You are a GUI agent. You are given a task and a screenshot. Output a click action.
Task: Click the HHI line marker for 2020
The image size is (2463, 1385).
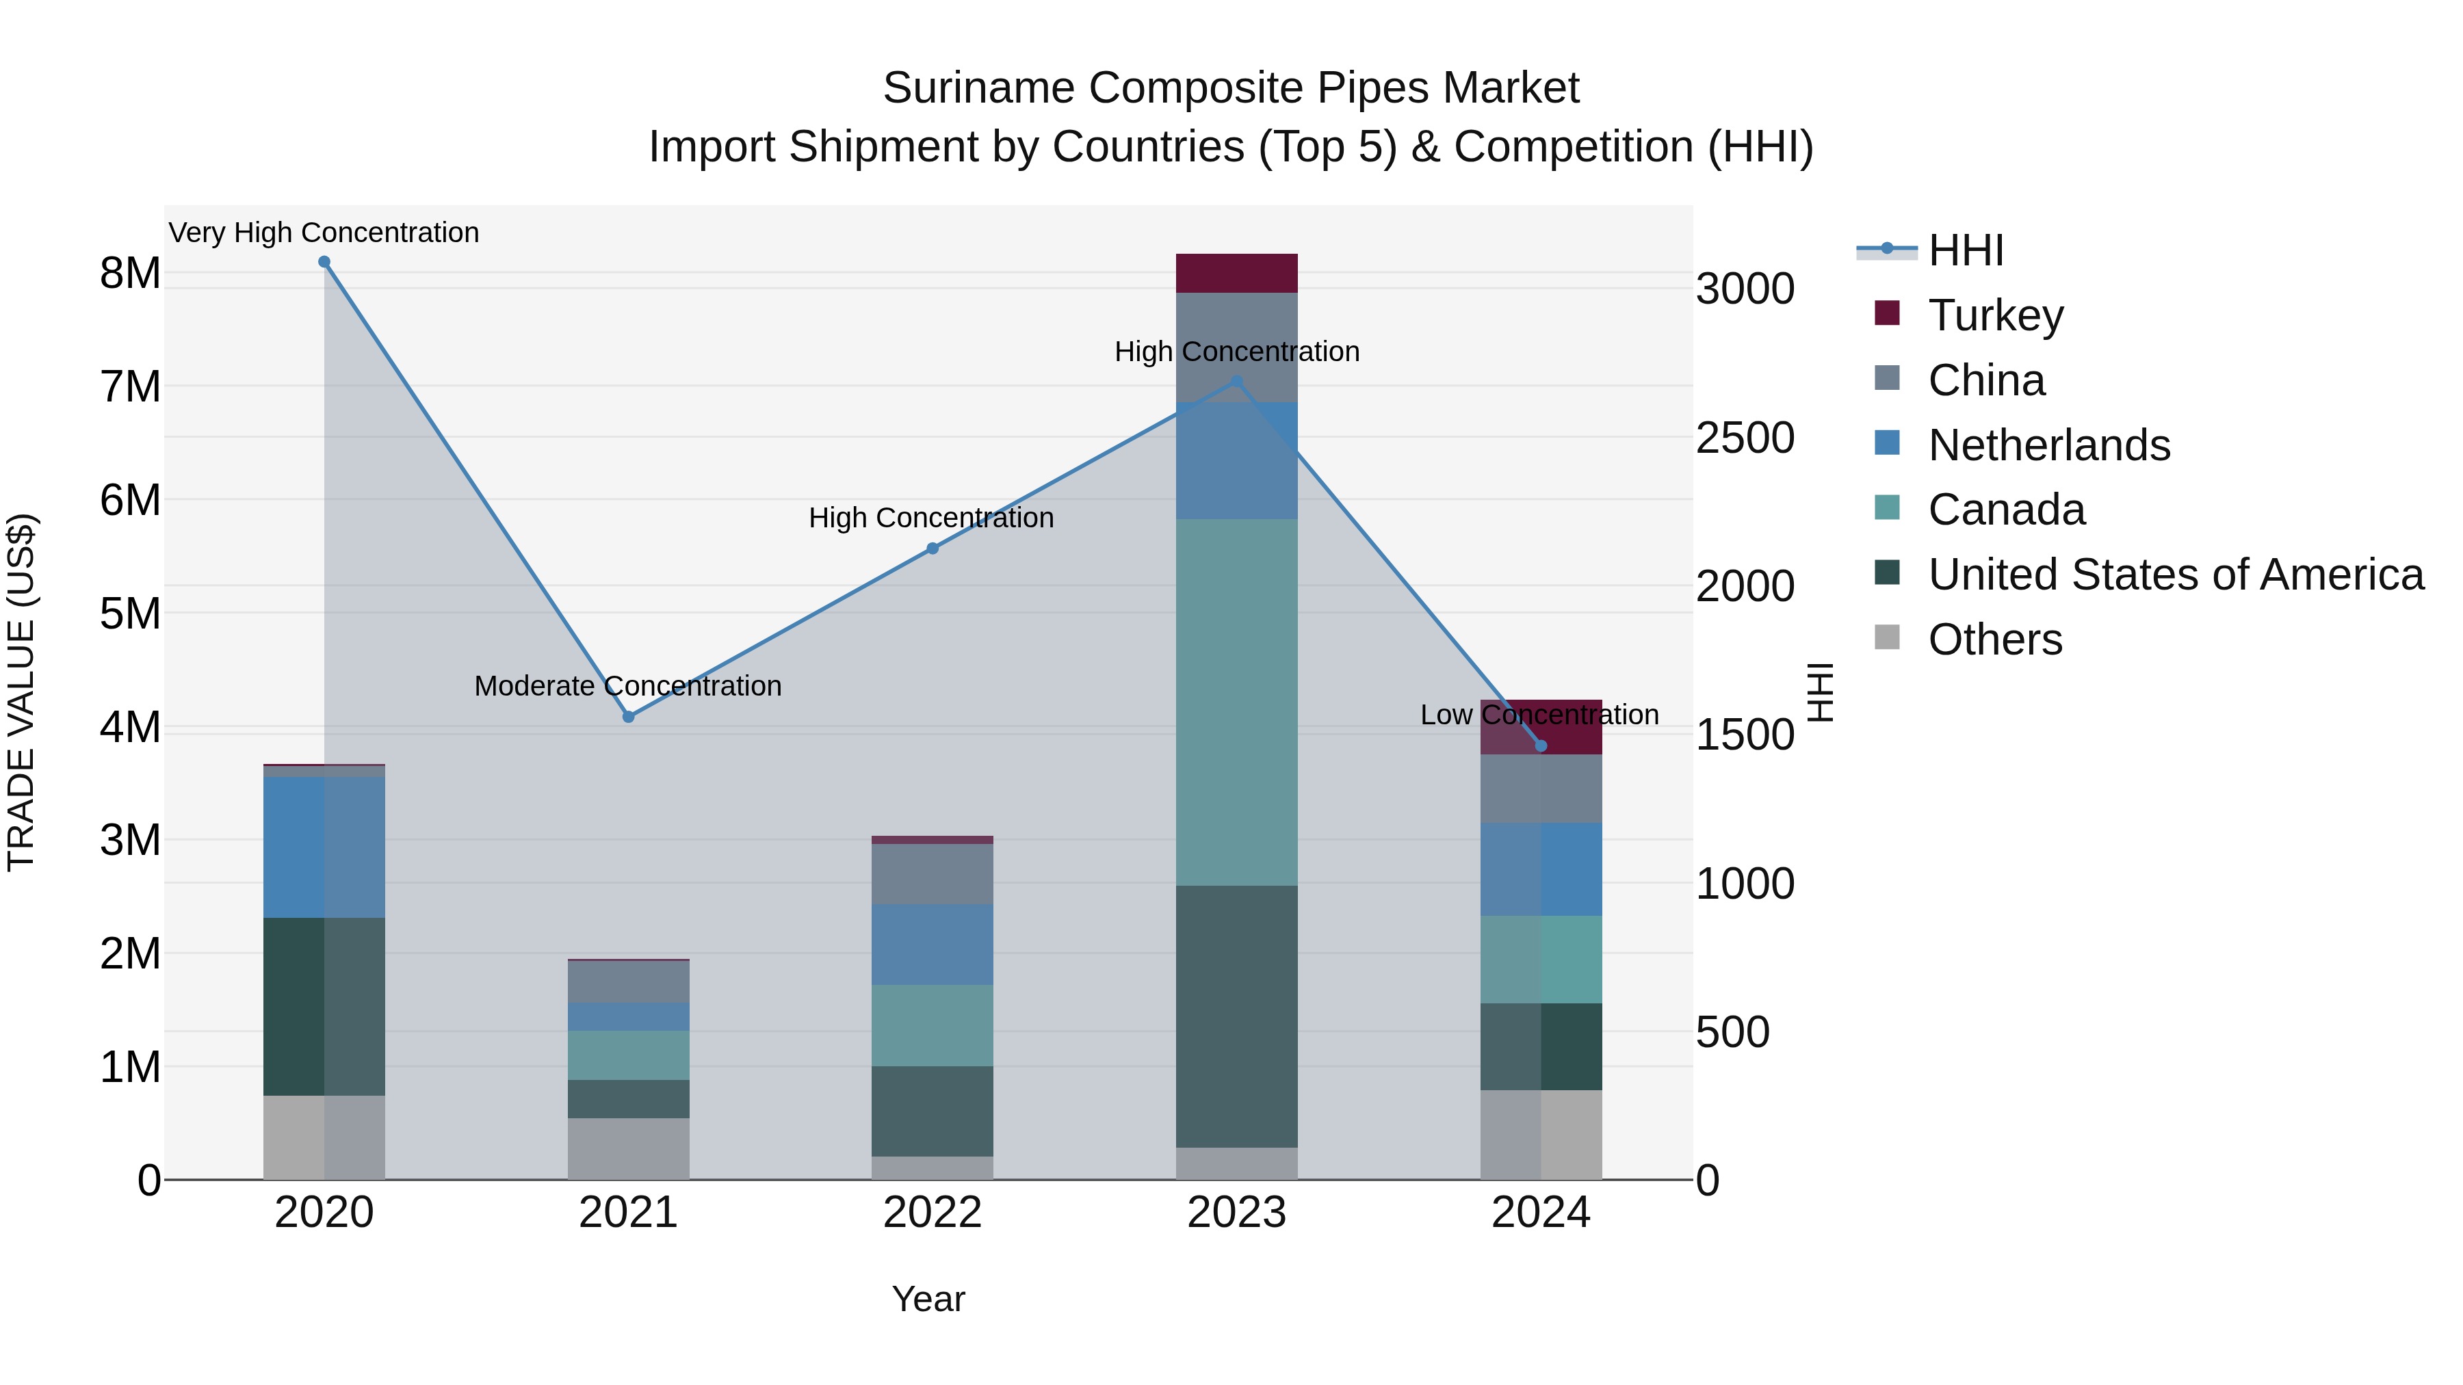(324, 262)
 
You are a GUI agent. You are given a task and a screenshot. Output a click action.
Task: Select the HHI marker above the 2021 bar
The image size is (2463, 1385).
(628, 717)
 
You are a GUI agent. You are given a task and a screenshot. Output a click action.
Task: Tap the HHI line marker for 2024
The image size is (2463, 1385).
(1540, 746)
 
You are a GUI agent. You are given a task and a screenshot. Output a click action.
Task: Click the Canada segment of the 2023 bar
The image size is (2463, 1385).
(1236, 702)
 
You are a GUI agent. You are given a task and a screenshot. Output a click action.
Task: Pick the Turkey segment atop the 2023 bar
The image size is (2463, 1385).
(1236, 274)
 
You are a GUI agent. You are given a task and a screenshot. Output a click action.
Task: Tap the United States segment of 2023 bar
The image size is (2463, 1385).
(1236, 1016)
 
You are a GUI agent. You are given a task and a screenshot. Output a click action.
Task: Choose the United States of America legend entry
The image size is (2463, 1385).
(2175, 575)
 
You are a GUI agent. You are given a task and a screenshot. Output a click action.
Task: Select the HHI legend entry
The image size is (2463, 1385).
(1965, 250)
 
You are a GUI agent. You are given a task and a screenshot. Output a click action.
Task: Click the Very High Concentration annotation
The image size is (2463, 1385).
(324, 233)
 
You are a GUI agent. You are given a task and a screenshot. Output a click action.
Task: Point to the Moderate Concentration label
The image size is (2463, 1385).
(628, 686)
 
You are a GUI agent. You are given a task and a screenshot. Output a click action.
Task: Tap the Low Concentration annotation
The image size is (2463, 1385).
(1539, 715)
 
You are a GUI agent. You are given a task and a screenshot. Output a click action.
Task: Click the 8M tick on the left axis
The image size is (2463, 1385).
(130, 274)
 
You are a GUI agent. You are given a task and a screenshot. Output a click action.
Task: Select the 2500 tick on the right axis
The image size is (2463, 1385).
(1745, 438)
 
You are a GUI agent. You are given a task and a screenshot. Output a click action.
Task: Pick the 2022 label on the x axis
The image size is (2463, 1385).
(933, 1213)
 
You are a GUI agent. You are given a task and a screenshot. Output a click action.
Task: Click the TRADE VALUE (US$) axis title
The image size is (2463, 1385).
(21, 692)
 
